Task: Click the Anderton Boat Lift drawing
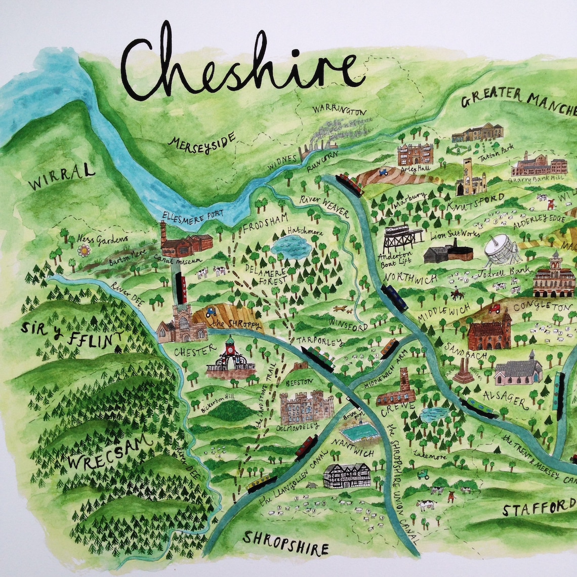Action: [402, 238]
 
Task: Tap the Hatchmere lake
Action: [291, 247]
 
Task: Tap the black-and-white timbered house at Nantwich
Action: [347, 475]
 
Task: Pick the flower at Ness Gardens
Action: [84, 250]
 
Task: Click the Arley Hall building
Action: [415, 154]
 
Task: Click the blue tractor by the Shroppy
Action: [211, 313]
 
